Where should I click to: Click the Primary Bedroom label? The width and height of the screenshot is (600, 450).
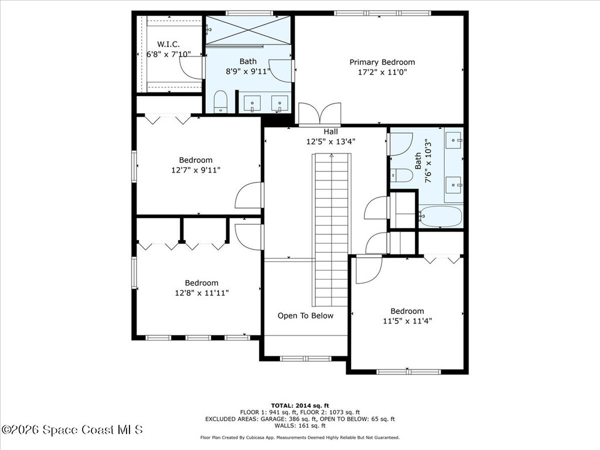pyautogui.click(x=382, y=62)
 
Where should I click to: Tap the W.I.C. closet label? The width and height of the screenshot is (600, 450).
pyautogui.click(x=168, y=45)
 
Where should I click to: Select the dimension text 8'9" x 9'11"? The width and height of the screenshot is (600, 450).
pyautogui.click(x=248, y=72)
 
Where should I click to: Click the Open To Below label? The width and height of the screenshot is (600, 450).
pyautogui.click(x=305, y=316)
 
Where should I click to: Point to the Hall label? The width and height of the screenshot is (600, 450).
pyautogui.click(x=330, y=132)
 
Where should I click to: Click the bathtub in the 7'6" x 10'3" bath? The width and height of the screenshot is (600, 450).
pyautogui.click(x=441, y=216)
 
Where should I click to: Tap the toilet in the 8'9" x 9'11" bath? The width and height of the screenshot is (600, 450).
pyautogui.click(x=220, y=101)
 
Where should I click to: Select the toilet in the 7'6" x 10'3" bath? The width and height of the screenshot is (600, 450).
pyautogui.click(x=402, y=175)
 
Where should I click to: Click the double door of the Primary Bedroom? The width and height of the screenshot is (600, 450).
pyautogui.click(x=319, y=114)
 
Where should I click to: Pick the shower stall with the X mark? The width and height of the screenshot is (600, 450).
pyautogui.click(x=247, y=30)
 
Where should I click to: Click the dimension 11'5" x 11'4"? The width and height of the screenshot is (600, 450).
pyautogui.click(x=407, y=321)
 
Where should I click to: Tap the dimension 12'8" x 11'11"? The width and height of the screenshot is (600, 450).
pyautogui.click(x=202, y=293)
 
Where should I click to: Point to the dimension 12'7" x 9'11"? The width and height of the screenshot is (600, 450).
pyautogui.click(x=196, y=170)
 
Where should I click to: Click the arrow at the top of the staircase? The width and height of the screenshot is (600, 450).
pyautogui.click(x=332, y=156)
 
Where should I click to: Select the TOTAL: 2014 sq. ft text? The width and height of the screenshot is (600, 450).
pyautogui.click(x=299, y=405)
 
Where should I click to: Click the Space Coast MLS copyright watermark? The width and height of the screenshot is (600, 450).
pyautogui.click(x=72, y=429)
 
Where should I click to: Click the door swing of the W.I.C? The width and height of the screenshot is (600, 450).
pyautogui.click(x=192, y=67)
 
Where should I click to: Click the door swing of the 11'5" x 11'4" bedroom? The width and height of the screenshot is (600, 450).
pyautogui.click(x=368, y=270)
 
